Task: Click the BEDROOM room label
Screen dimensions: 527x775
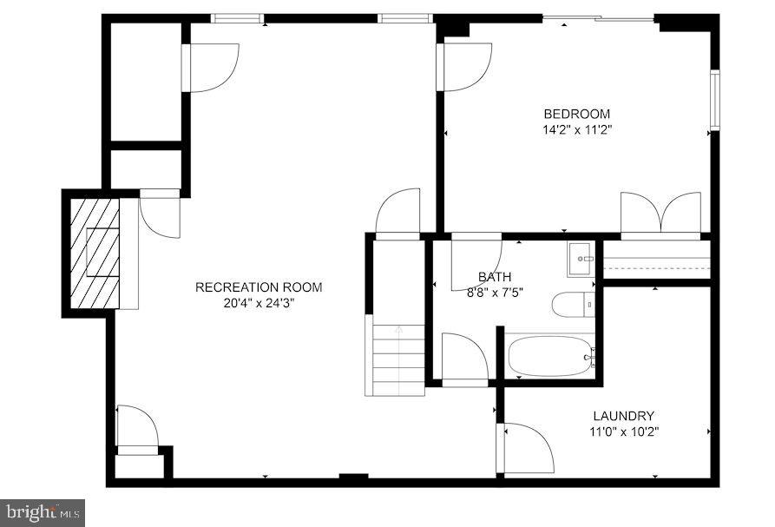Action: [576, 114]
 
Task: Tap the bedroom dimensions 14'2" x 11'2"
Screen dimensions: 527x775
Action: [576, 130]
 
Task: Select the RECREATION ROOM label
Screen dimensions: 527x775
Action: [259, 287]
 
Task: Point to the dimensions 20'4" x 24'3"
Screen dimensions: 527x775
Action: [259, 303]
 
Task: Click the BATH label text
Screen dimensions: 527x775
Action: [494, 277]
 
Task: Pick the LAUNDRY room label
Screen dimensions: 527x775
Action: [623, 416]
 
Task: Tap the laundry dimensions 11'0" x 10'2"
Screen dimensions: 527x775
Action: [623, 431]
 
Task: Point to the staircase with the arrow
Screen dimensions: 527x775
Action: [398, 358]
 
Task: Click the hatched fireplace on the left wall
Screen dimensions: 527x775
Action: [95, 251]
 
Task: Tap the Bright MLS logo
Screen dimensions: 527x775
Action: [43, 512]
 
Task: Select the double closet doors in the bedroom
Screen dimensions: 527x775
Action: [660, 214]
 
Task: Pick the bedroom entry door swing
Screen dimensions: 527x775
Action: [466, 67]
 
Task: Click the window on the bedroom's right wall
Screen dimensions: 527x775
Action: [714, 100]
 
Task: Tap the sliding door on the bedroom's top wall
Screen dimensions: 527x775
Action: [599, 18]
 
